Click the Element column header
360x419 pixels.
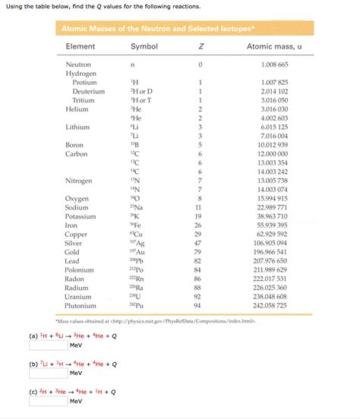80,46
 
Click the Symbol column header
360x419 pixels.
144,46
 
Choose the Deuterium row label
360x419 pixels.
88,91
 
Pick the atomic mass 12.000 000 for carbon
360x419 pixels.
273,153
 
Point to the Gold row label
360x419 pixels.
73,251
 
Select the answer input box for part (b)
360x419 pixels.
47,373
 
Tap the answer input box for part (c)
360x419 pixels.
47,402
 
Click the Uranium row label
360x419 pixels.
79,296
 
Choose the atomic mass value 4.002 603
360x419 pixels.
273,118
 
